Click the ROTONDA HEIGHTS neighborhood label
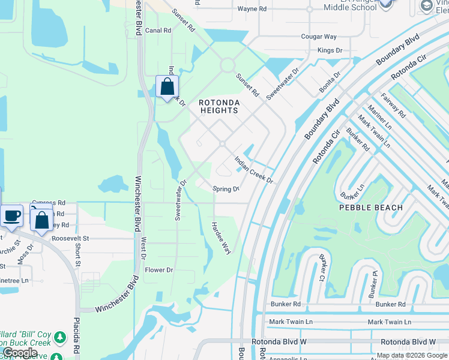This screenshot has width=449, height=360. [219, 106]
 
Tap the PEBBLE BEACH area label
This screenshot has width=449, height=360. [370, 207]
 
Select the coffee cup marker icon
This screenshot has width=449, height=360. [11, 215]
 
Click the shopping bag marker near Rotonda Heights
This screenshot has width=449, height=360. [167, 86]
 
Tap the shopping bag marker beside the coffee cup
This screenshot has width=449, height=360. [41, 219]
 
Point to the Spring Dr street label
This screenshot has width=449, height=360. [226, 189]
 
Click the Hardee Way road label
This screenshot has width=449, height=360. [220, 238]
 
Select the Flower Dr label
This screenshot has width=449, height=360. [159, 270]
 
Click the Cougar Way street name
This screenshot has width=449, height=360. [319, 37]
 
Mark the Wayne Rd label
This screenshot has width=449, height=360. [252, 9]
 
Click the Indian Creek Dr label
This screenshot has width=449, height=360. [254, 170]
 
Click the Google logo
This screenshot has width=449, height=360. [20, 353]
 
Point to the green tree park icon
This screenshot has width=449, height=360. [59, 338]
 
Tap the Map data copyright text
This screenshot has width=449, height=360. [412, 355]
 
